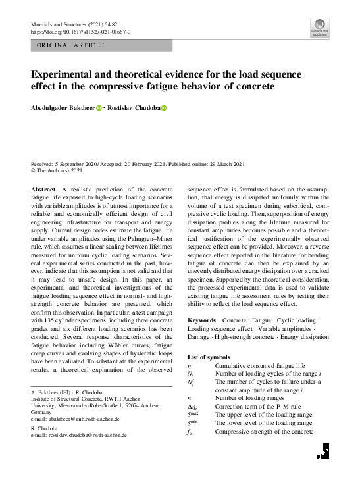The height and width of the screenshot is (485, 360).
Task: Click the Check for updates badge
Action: click(320, 28)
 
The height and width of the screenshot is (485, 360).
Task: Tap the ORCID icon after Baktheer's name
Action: click(99, 108)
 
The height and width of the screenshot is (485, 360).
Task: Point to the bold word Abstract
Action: click(43, 190)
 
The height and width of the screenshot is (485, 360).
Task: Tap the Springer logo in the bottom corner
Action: click(322, 451)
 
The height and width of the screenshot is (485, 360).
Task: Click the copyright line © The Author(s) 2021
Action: click(58, 170)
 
